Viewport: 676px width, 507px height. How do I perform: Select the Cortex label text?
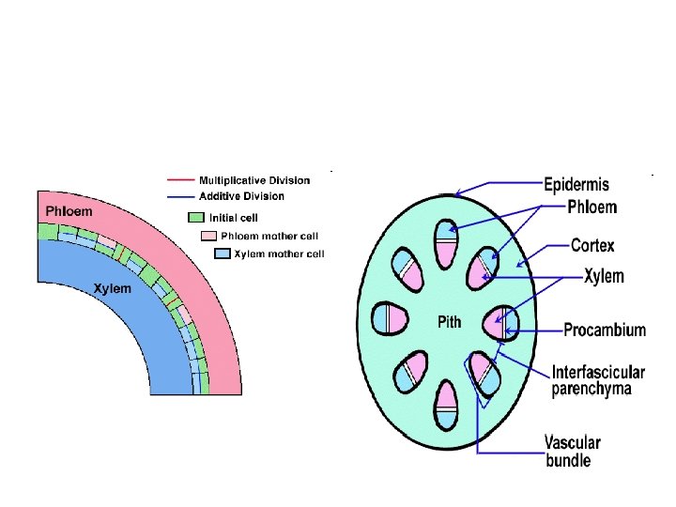pos(592,246)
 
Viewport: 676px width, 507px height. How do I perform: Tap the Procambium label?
pos(605,330)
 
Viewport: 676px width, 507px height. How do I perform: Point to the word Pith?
pos(450,322)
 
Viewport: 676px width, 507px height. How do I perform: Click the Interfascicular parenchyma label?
pos(598,379)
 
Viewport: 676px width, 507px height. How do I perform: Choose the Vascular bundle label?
pos(572,451)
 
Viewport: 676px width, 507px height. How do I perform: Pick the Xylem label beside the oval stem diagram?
pos(603,277)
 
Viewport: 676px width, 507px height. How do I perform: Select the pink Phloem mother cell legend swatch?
pos(209,235)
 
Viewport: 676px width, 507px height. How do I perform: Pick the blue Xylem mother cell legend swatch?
pos(222,253)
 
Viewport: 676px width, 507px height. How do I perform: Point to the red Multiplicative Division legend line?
pos(180,179)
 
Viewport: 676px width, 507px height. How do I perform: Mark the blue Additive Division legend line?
pos(180,196)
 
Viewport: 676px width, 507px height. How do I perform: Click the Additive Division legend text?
pos(241,196)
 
